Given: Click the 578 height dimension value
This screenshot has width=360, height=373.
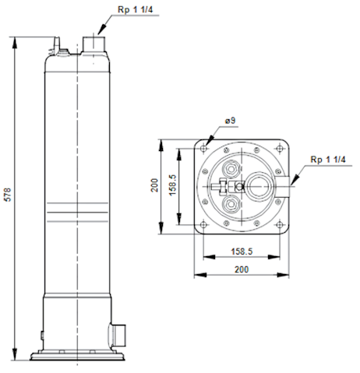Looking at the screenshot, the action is pos(8,195).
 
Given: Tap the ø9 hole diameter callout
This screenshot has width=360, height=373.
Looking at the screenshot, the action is pos(230,121).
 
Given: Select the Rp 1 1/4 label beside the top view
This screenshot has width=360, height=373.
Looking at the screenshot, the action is pos(328,160).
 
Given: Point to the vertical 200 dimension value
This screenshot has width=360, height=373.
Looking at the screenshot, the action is pos(154,185).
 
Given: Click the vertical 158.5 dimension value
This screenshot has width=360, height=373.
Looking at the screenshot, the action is pos(172,185).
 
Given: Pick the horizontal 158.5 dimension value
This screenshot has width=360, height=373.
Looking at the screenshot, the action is pos(242,252).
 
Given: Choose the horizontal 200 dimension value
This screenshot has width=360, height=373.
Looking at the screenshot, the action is pos(242,269).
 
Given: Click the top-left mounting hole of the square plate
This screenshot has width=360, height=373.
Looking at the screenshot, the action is pos(203,149).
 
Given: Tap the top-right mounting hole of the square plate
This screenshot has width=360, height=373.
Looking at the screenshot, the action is pos(280,149).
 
